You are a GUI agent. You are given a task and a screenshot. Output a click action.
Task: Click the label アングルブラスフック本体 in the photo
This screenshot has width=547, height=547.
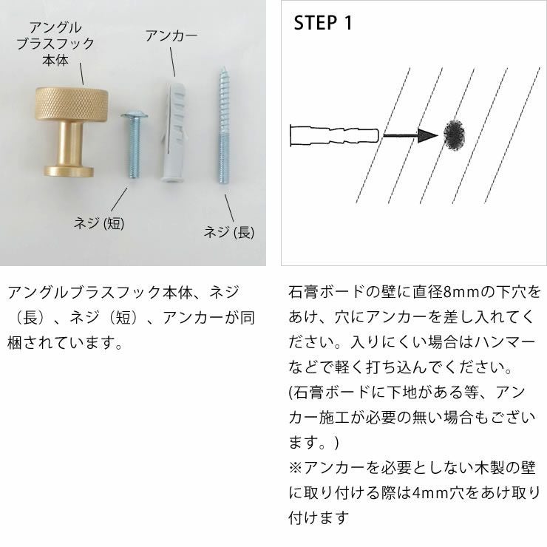point(55,43)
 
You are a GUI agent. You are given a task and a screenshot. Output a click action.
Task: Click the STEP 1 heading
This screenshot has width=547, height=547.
point(323,22)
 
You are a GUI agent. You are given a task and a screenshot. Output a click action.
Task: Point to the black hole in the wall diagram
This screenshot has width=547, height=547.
point(454,135)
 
